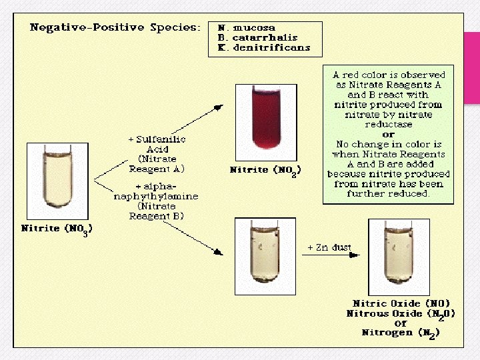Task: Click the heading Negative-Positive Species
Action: pyautogui.click(x=115, y=29)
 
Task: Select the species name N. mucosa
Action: pyautogui.click(x=247, y=28)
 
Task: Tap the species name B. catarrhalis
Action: pyautogui.click(x=257, y=38)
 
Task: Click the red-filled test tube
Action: pyautogui.click(x=265, y=123)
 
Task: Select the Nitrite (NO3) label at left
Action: pyautogui.click(x=57, y=229)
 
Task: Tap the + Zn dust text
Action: pyautogui.click(x=329, y=247)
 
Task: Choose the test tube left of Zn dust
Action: pyautogui.click(x=265, y=256)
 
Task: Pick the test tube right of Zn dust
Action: pyautogui.click(x=399, y=256)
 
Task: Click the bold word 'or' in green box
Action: pyautogui.click(x=388, y=135)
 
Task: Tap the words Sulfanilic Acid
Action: pyautogui.click(x=157, y=145)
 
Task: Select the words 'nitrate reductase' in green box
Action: pyautogui.click(x=388, y=120)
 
